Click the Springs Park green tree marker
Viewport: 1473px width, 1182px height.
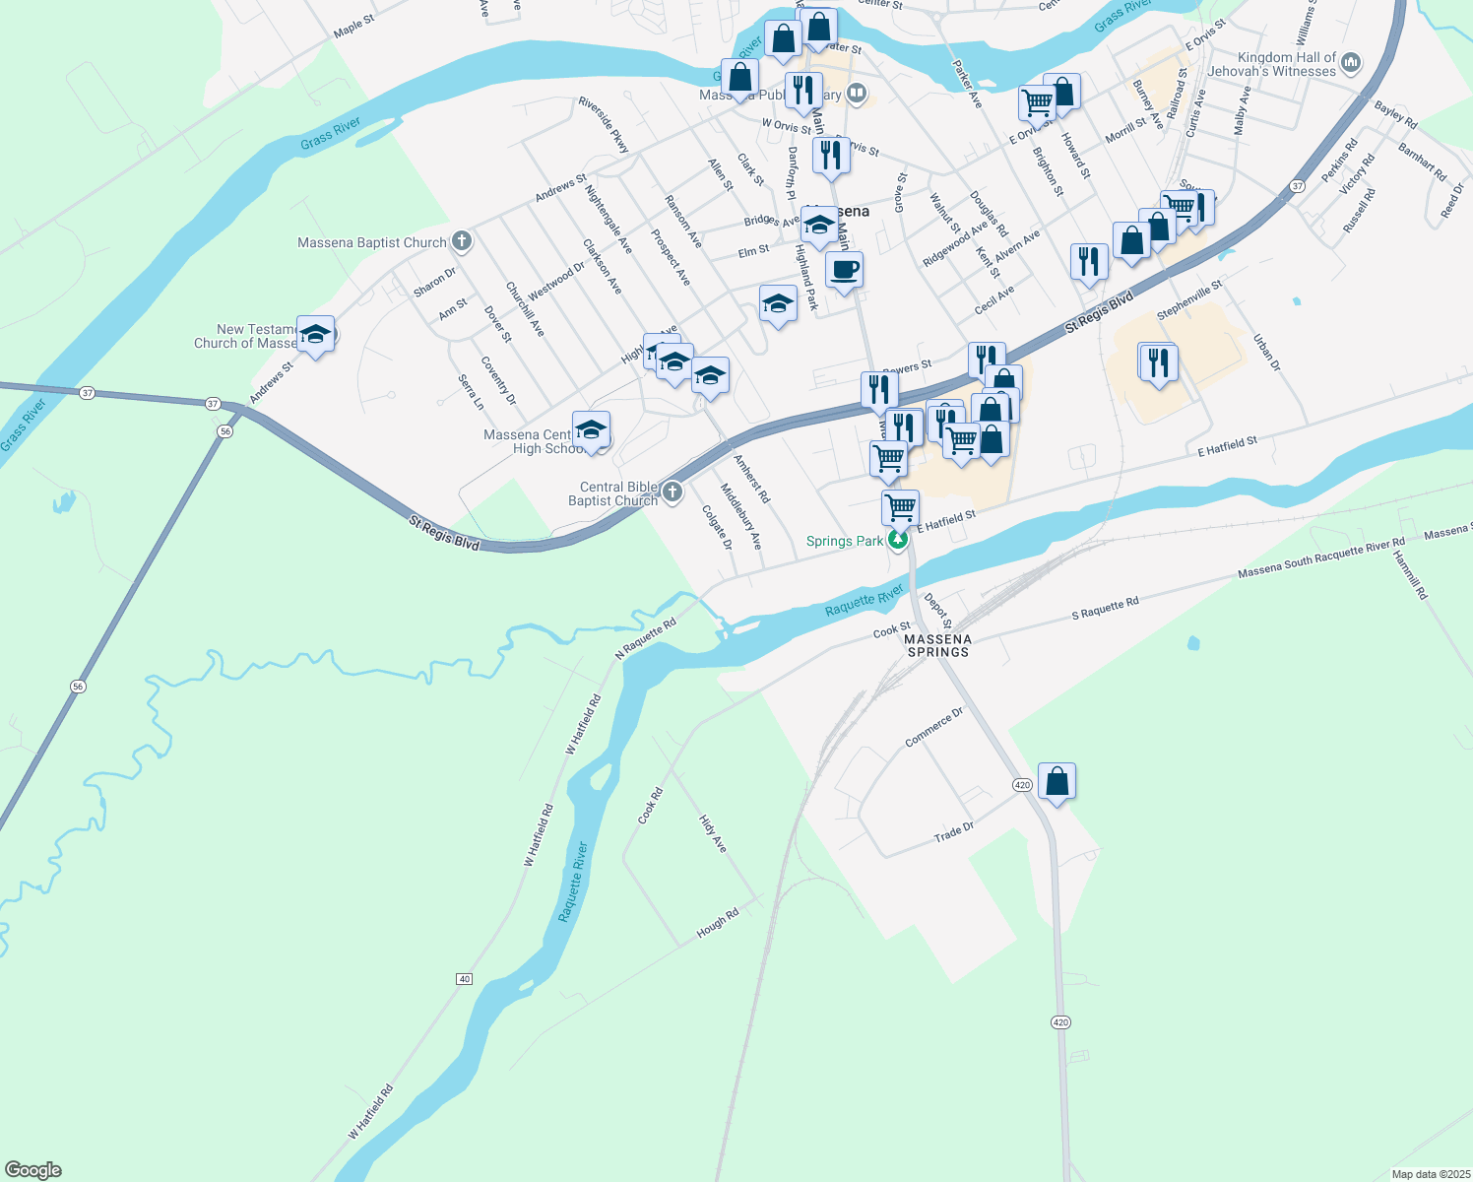[x=897, y=540]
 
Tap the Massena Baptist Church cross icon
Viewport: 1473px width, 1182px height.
[x=461, y=241]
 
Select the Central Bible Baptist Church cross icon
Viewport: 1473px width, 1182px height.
[x=672, y=492]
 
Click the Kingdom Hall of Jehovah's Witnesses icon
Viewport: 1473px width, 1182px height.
[x=1351, y=63]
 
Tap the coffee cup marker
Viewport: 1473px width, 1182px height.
[x=844, y=270]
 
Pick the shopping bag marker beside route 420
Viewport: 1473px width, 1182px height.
[x=1057, y=782]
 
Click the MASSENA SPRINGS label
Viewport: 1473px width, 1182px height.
[x=938, y=645]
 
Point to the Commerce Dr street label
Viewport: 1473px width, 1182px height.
[x=933, y=727]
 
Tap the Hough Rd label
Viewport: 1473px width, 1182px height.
[x=717, y=923]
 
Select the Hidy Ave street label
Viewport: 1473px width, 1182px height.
[x=713, y=833]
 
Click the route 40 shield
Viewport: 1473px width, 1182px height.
[x=465, y=978]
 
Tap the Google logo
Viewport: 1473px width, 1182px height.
[x=33, y=1169]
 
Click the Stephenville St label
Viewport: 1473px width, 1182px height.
[x=1189, y=299]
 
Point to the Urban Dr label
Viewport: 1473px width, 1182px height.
[x=1266, y=353]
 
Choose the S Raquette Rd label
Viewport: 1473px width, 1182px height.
[x=1105, y=608]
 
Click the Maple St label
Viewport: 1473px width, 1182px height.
[x=353, y=26]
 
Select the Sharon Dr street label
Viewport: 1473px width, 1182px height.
[x=434, y=282]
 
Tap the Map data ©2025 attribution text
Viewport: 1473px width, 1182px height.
[x=1430, y=1174]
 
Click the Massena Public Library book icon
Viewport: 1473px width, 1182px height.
[x=857, y=94]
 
